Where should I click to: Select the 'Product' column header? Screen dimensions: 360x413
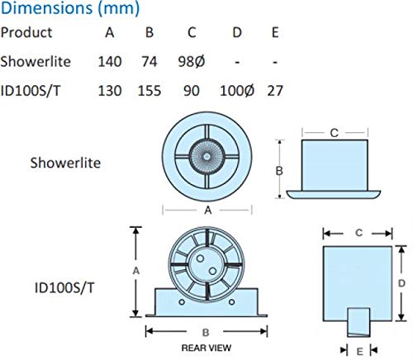pos(26,33)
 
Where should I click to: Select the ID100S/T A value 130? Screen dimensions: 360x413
pos(110,88)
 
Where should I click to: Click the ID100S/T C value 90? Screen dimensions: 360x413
pos(192,88)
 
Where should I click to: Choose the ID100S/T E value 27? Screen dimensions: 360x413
pos(276,88)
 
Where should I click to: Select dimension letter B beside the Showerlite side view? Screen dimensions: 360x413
pos(280,169)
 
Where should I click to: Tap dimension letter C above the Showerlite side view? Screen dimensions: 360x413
pos(335,131)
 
